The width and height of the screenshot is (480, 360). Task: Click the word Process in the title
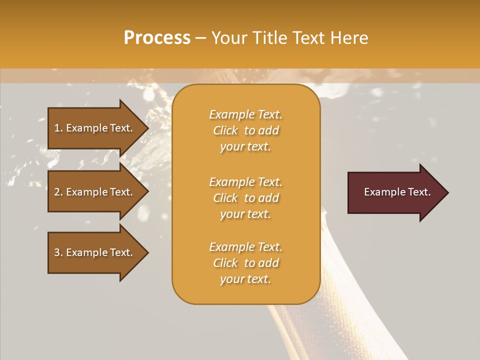(157, 38)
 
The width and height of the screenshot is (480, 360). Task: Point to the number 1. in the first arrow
(58, 128)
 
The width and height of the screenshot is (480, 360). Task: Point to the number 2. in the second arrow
(58, 192)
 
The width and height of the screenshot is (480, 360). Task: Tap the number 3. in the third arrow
(58, 252)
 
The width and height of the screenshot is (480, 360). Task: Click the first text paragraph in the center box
(245, 130)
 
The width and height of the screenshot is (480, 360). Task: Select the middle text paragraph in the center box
(245, 198)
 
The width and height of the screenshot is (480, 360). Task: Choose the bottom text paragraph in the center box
(245, 263)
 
